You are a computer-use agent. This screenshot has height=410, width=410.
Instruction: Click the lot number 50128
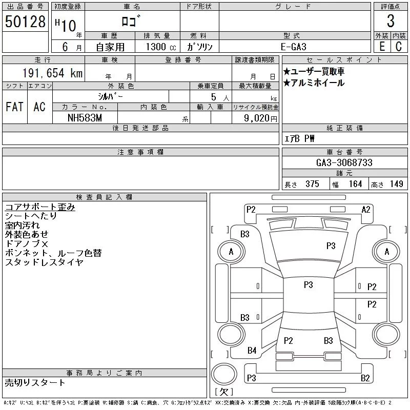tap(25, 22)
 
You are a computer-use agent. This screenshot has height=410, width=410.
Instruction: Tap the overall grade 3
tap(391, 21)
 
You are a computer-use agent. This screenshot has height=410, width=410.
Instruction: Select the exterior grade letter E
tap(382, 47)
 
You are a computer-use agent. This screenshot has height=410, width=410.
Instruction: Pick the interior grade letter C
tap(399, 47)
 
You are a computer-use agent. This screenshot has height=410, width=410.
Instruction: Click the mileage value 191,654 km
tap(52, 73)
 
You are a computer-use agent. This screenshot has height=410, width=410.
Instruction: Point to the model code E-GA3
tap(293, 47)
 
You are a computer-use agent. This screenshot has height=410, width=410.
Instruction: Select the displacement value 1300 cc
tap(161, 47)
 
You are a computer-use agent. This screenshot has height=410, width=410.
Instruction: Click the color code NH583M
tap(85, 118)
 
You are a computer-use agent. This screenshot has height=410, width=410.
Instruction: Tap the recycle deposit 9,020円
tap(260, 118)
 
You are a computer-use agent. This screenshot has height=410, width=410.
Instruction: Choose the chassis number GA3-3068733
tap(344, 162)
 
